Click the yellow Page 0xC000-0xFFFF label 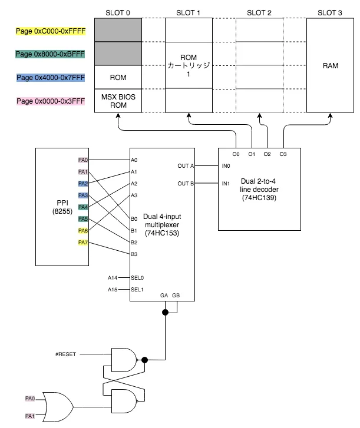pyautogui.click(x=51, y=31)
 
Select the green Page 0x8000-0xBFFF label pyautogui.click(x=50, y=54)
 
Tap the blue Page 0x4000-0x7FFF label pyautogui.click(x=51, y=78)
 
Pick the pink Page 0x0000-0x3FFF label pyautogui.click(x=51, y=101)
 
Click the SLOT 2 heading pyautogui.click(x=259, y=13)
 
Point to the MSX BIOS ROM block pyautogui.click(x=118, y=101)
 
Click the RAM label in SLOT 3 pyautogui.click(x=330, y=66)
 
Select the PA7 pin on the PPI pyautogui.click(x=82, y=243)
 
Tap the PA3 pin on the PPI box pyautogui.click(x=82, y=195)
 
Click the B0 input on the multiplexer pyautogui.click(x=134, y=219)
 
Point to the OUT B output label pyautogui.click(x=186, y=184)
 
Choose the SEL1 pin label pyautogui.click(x=137, y=289)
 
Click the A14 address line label pyautogui.click(x=113, y=278)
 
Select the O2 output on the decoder pyautogui.click(x=267, y=154)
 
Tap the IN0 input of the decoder pyautogui.click(x=226, y=166)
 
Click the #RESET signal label pyautogui.click(x=65, y=354)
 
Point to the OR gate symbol pyautogui.click(x=58, y=407)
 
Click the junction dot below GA pyautogui.click(x=165, y=312)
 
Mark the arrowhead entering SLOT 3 pyautogui.click(x=330, y=115)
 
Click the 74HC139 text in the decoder pyautogui.click(x=259, y=198)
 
